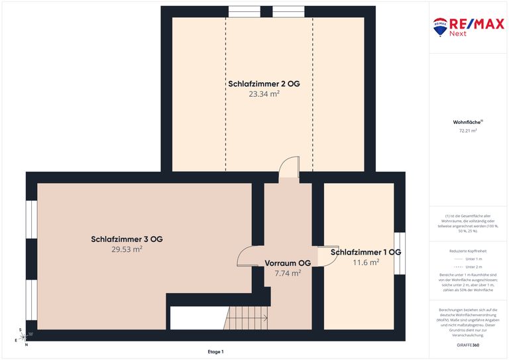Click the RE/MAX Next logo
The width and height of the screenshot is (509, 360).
(x=469, y=27)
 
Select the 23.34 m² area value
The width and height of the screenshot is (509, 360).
(x=264, y=94)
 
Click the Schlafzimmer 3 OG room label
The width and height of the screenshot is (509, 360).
(x=127, y=239)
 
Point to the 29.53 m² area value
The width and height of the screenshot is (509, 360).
(x=127, y=249)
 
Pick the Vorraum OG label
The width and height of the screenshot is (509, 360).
(x=288, y=263)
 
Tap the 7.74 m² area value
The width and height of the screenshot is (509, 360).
(x=288, y=272)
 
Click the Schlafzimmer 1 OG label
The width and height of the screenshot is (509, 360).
(x=365, y=253)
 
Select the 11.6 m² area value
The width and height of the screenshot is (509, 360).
(x=365, y=263)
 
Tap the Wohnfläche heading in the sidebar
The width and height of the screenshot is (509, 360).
(x=468, y=123)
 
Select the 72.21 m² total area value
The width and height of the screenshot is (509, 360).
(x=468, y=131)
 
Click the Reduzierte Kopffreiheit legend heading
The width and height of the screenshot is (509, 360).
(x=468, y=251)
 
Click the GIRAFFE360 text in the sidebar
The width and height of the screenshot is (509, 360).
(x=468, y=346)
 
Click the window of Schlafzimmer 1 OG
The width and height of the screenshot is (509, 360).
(x=400, y=253)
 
